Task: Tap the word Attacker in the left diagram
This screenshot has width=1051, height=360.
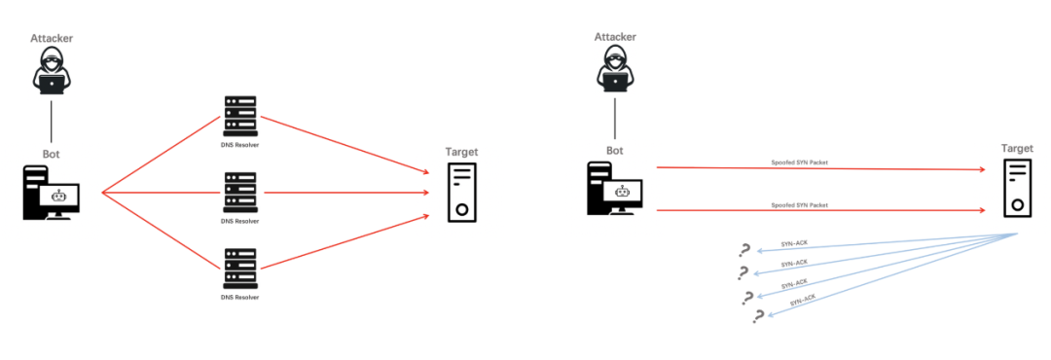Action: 52,38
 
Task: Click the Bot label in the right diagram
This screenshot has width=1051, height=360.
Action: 615,150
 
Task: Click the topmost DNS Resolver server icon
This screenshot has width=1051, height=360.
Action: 240,116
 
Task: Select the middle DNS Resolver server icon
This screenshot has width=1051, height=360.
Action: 240,193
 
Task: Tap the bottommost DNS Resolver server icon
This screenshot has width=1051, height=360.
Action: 240,269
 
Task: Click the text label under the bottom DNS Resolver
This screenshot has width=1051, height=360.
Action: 240,297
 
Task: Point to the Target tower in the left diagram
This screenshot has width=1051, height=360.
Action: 462,192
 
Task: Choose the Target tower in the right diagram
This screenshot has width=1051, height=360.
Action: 1017,188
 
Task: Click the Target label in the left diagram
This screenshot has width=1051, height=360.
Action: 462,152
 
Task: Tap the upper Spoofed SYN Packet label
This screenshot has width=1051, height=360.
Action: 799,162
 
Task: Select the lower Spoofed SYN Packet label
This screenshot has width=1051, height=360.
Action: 799,205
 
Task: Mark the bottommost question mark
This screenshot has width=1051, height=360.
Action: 758,316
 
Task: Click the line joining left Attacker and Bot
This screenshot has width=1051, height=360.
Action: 52,122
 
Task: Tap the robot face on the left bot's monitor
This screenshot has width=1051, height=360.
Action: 60,196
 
